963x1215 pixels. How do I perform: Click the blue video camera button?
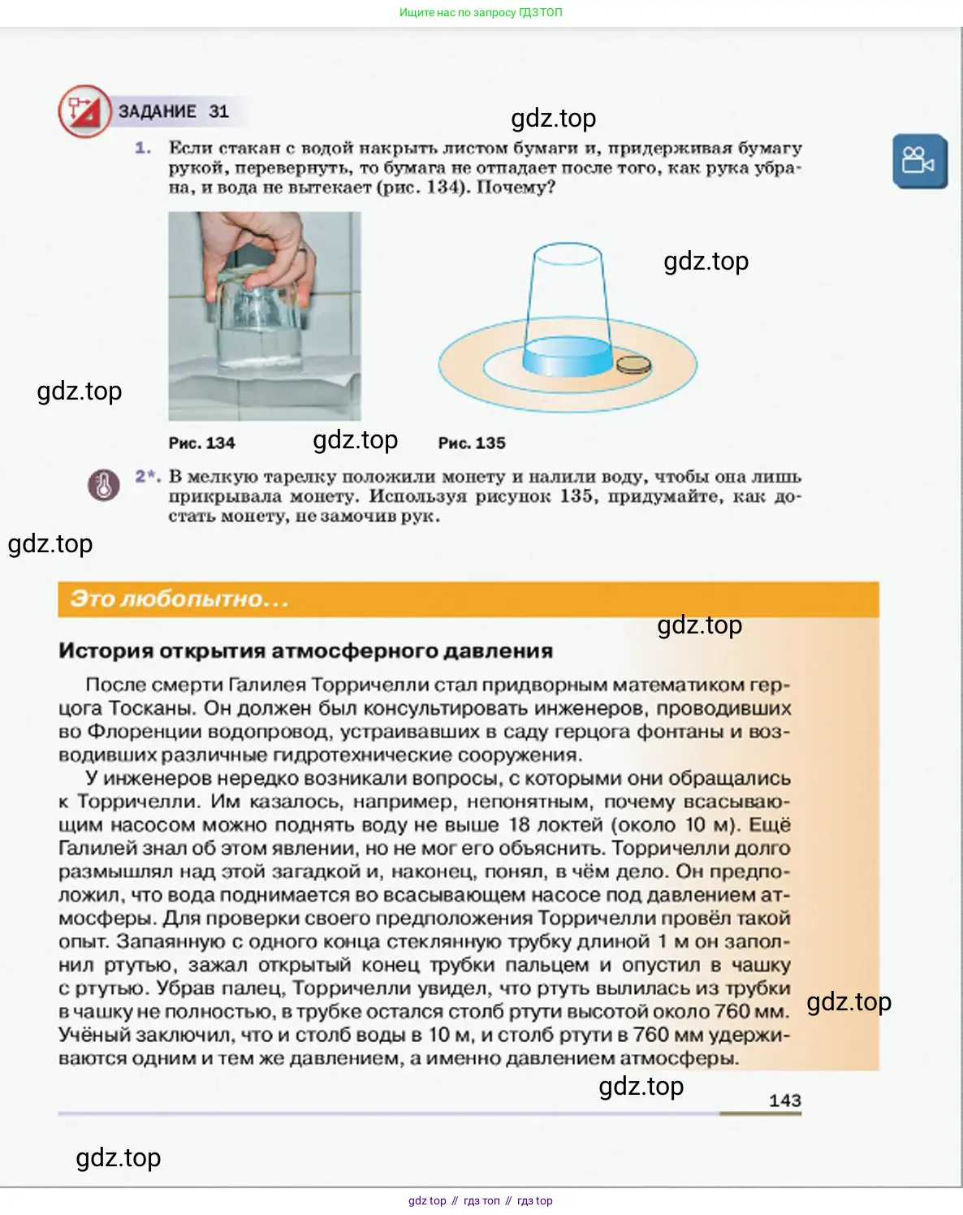tap(919, 161)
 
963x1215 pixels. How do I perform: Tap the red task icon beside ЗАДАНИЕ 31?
tap(84, 111)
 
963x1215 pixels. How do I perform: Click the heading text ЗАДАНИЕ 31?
tap(174, 111)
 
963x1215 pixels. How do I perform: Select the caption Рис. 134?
tap(201, 443)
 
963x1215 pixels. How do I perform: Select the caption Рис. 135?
tap(472, 443)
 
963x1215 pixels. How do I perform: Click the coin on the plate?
tap(633, 365)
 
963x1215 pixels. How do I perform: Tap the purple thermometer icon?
tap(103, 485)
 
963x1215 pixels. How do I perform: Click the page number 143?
tap(784, 1100)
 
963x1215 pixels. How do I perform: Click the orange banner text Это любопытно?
tap(179, 599)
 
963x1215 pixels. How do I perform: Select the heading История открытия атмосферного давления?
tap(305, 651)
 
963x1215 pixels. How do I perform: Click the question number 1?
tap(143, 148)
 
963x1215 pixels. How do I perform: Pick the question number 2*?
tap(147, 477)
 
